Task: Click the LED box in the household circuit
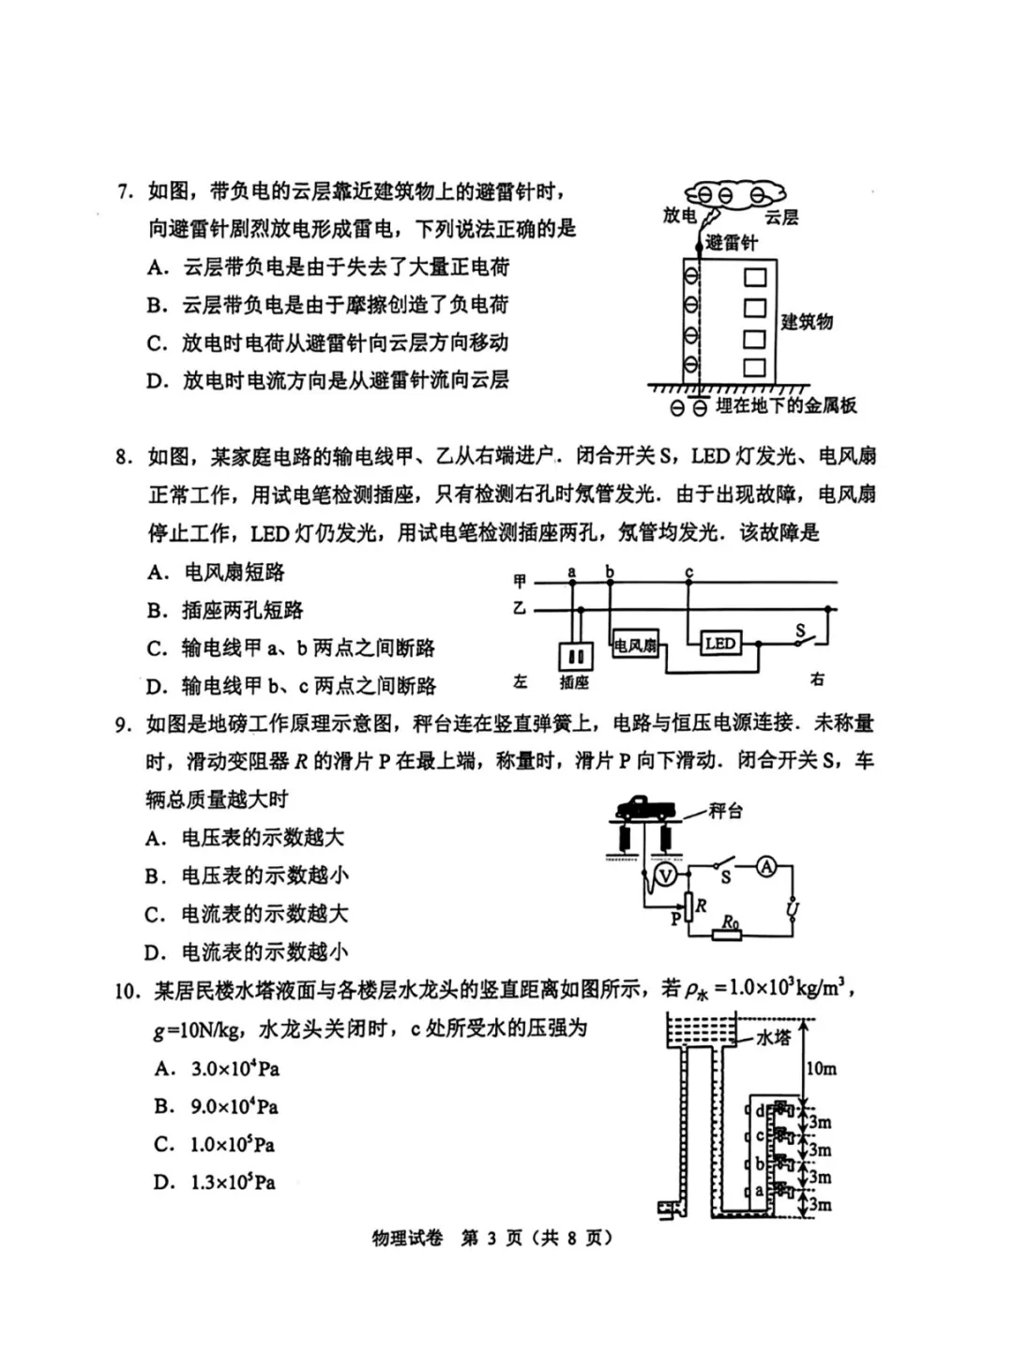coord(720,643)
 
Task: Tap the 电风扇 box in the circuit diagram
coord(635,646)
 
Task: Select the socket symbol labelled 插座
coord(575,657)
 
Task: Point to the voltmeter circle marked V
coord(665,875)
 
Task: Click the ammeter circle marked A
coord(766,867)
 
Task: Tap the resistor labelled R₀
coord(729,925)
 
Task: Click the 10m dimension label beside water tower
coord(821,1068)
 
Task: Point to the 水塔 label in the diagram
coord(774,1037)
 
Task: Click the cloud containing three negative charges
coord(730,195)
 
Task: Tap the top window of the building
coord(755,278)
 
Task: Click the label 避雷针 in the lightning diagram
coord(731,244)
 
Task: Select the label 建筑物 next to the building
coord(807,322)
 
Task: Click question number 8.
coord(126,457)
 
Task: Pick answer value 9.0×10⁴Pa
coord(234,1107)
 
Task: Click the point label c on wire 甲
coord(689,571)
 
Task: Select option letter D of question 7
coord(157,381)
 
